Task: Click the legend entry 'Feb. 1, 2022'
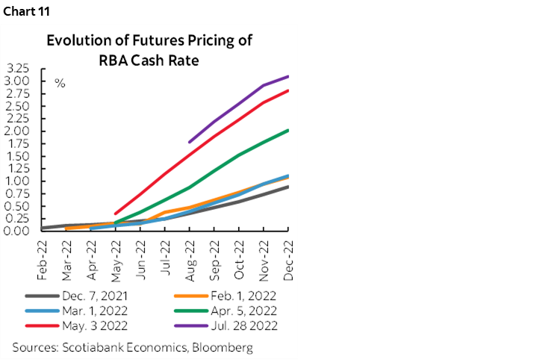pyautogui.click(x=226, y=295)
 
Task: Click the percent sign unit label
pyautogui.click(x=60, y=83)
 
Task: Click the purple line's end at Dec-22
pyautogui.click(x=288, y=76)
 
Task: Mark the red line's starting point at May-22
pyautogui.click(x=116, y=214)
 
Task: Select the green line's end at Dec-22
pyautogui.click(x=288, y=130)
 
